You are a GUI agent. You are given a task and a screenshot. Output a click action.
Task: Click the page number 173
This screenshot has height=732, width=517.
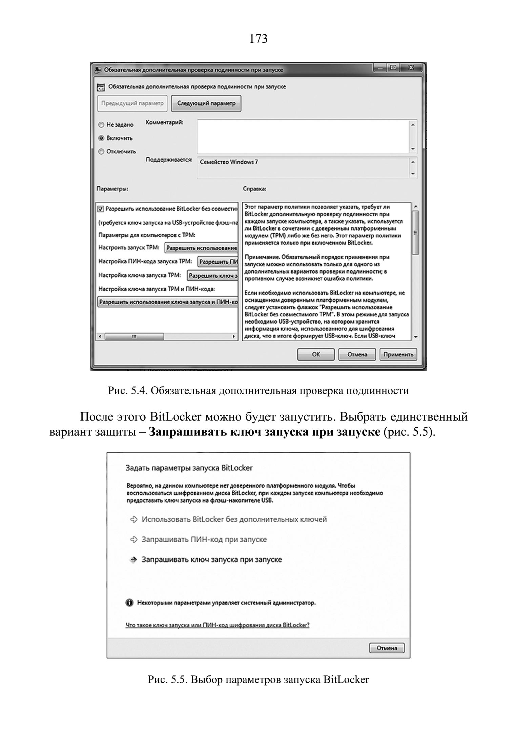[258, 39]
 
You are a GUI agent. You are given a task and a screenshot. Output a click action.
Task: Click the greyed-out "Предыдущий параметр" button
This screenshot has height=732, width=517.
[132, 103]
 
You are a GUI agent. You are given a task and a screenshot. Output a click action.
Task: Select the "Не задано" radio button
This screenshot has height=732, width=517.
[101, 125]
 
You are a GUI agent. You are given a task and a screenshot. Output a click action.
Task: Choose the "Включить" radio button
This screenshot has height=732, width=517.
[101, 138]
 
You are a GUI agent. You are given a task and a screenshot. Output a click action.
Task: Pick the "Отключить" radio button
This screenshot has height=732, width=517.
[101, 152]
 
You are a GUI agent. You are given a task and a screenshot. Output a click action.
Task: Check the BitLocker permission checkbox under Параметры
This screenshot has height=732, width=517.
[101, 209]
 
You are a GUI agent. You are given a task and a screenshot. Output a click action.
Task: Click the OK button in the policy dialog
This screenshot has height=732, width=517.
[315, 354]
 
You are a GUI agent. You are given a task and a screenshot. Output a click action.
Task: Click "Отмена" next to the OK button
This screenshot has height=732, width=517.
[357, 354]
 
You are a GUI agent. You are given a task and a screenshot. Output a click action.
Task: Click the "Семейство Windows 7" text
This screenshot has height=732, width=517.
[229, 162]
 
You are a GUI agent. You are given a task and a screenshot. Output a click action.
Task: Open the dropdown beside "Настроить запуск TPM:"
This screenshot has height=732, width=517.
[201, 248]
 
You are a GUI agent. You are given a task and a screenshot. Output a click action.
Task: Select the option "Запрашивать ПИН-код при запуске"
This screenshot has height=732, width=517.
[204, 539]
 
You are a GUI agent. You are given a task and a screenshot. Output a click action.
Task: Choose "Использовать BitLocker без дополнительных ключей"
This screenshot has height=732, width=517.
[234, 519]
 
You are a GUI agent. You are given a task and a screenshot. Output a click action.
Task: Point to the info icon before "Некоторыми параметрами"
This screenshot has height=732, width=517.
[129, 603]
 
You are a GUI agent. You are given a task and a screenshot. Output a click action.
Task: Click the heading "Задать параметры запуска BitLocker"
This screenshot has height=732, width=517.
[189, 468]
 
